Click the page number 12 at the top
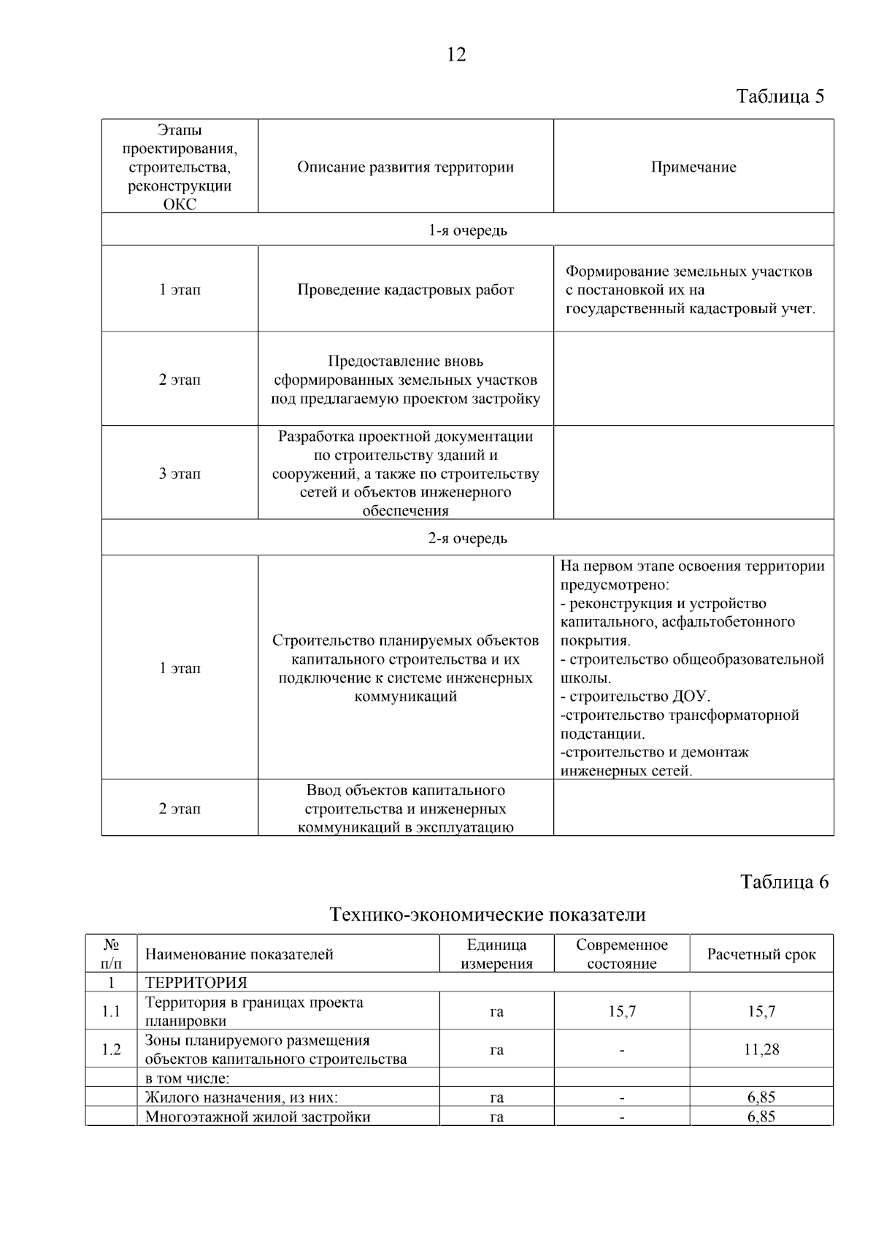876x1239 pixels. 456,55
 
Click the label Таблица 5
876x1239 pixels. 780,97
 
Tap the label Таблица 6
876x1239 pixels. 784,882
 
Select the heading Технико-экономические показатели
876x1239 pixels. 488,914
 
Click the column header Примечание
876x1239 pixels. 693,167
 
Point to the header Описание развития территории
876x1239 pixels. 405,167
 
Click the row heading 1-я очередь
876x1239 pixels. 467,231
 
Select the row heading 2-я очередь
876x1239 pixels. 467,539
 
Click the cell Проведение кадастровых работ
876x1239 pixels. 405,290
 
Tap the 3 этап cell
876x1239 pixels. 180,474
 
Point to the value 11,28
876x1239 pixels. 761,1050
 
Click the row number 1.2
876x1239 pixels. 111,1050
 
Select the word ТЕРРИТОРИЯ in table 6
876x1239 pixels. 196,983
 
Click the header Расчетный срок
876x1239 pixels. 761,955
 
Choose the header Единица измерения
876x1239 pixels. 496,954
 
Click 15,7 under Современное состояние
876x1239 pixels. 622,1012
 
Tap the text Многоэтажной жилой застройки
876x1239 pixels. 258,1117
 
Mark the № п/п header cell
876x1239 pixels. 111,954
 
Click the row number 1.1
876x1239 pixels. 111,1012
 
